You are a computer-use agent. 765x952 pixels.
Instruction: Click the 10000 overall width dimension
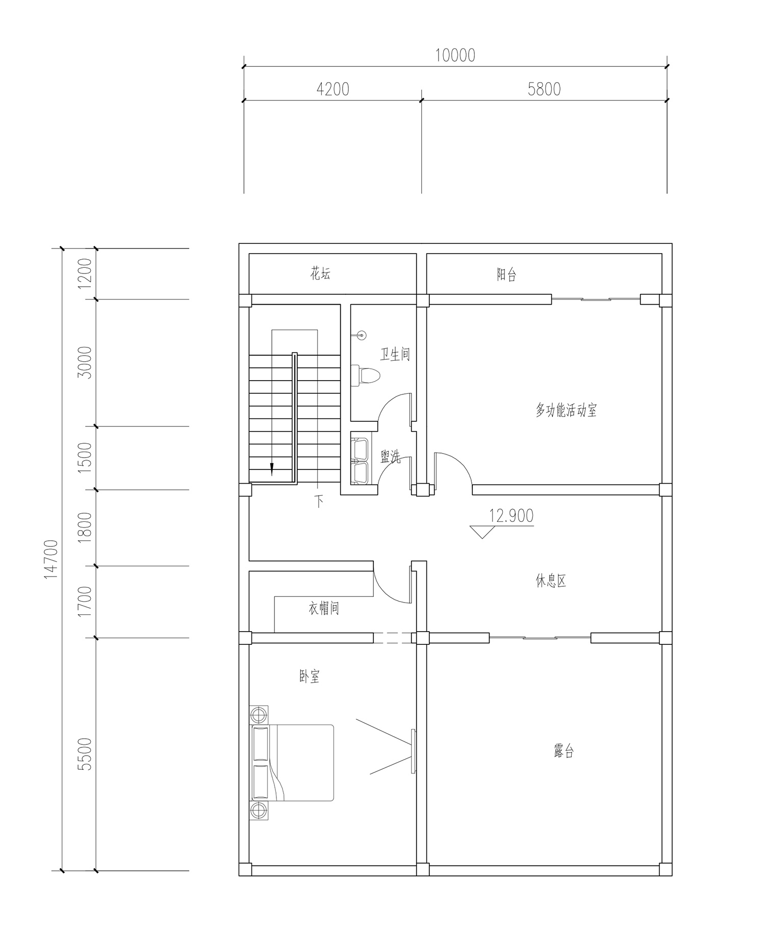(455, 55)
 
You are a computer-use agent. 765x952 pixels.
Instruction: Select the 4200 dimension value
(333, 89)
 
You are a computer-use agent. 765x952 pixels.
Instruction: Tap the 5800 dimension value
(544, 89)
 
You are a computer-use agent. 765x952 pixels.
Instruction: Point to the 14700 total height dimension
(52, 559)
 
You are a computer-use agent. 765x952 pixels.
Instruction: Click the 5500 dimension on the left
(85, 754)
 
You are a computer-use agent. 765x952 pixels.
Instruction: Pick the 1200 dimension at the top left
(85, 273)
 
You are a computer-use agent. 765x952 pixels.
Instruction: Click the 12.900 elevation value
(512, 516)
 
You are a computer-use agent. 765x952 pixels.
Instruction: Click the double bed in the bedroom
(292, 762)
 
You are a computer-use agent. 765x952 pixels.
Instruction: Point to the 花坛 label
(320, 274)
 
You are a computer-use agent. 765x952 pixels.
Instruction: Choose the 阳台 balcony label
(506, 275)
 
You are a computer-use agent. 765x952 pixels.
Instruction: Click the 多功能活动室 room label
(566, 410)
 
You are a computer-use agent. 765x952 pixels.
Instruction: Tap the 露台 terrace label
(564, 751)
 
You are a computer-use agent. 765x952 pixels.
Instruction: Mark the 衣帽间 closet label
(324, 608)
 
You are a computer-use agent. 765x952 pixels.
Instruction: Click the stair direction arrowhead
(272, 469)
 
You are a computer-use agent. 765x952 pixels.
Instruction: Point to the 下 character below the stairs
(319, 502)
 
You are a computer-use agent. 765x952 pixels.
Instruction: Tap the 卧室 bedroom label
(310, 677)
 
